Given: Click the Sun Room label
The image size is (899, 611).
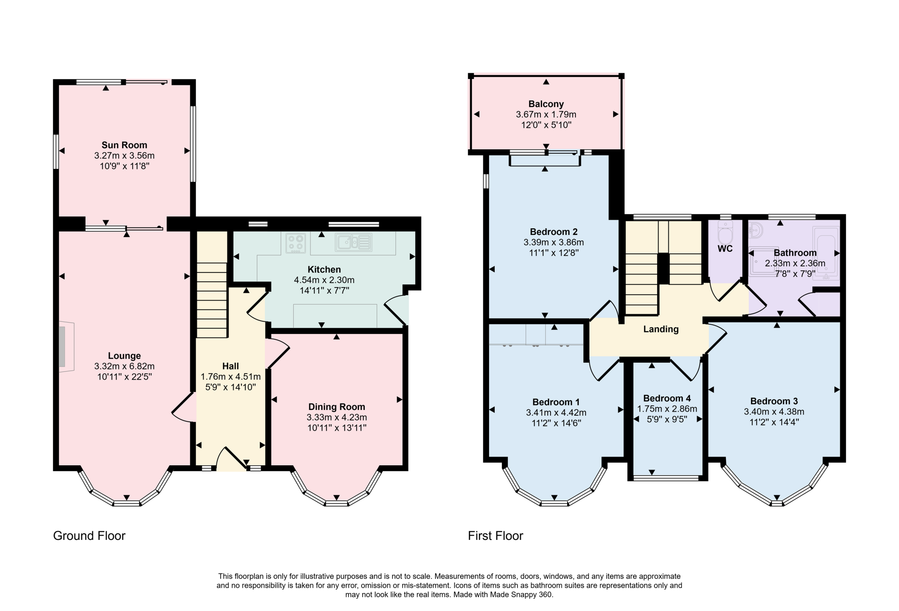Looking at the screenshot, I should tap(124, 145).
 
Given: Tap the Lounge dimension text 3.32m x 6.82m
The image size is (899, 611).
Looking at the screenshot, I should tap(124, 366).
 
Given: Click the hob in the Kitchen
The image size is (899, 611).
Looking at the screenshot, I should tap(295, 243).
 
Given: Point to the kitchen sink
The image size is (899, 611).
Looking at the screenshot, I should tap(354, 242).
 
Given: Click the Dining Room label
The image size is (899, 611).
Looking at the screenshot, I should tap(336, 407).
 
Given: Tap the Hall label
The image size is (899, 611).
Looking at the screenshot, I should tap(230, 366).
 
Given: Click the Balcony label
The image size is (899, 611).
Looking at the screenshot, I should tap(546, 104).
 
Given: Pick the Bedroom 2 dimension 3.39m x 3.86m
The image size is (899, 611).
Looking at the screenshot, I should tap(554, 242).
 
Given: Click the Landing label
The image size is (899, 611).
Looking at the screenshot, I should tap(661, 329).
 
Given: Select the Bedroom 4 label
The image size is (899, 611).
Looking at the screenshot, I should tap(667, 398).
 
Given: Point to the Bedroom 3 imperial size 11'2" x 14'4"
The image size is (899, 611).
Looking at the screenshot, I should tap(774, 422).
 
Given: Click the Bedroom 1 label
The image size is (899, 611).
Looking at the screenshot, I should tap(556, 402).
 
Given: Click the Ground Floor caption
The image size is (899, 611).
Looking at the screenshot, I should tap(89, 536).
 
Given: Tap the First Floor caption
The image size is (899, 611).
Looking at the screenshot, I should tap(495, 536).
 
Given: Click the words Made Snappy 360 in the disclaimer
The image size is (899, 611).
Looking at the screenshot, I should tap(525, 595).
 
